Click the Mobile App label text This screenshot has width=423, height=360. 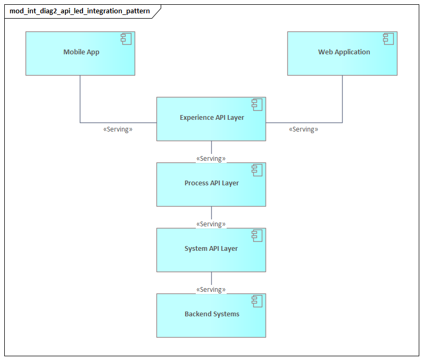click(81, 52)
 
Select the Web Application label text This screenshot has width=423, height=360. click(344, 52)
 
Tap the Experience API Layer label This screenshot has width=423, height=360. click(212, 118)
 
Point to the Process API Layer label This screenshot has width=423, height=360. click(212, 183)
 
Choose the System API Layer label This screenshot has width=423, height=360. click(211, 249)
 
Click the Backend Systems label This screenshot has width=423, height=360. click(212, 314)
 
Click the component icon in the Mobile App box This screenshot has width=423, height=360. click(126, 39)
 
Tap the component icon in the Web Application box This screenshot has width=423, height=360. click(388, 39)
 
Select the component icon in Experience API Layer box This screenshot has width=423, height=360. click(257, 104)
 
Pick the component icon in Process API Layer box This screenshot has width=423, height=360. click(257, 170)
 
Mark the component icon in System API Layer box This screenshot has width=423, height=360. click(257, 235)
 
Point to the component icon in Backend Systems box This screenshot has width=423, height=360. click(257, 301)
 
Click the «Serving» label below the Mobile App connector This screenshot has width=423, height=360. click(118, 129)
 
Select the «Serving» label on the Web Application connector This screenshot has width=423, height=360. click(303, 129)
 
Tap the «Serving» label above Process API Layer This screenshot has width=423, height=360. click(211, 159)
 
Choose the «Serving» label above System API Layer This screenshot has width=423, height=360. click(211, 224)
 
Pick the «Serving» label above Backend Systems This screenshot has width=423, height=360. click(211, 290)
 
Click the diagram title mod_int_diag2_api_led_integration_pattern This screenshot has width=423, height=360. click(80, 11)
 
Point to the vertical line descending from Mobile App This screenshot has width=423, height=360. click(80, 99)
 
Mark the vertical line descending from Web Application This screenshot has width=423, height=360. click(342, 99)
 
